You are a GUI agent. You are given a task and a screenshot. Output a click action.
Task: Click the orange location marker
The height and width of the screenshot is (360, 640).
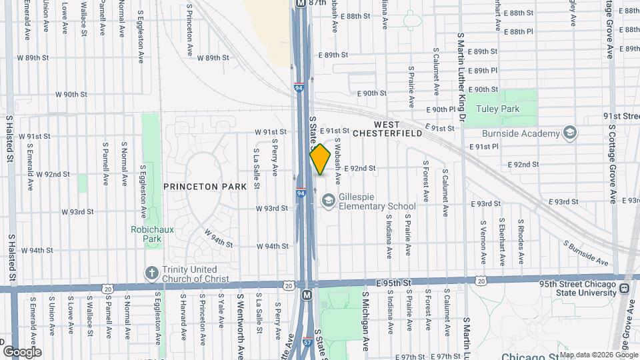(x=320, y=159)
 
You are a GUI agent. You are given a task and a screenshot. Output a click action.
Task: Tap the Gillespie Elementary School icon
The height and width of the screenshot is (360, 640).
(x=327, y=200)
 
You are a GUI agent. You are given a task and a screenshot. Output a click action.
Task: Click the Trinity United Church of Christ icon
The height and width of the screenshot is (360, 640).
(x=151, y=273)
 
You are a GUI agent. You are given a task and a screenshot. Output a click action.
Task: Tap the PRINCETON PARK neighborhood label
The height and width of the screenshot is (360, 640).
(x=201, y=187)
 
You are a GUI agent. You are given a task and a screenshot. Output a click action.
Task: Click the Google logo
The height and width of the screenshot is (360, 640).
(x=22, y=351)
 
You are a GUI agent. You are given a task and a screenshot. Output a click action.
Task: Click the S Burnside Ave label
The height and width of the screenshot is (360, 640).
(x=586, y=253)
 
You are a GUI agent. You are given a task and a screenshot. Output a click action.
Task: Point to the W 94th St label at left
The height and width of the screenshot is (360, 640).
(x=37, y=251)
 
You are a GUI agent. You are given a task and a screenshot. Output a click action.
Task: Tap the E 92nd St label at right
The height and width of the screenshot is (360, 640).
(x=523, y=164)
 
